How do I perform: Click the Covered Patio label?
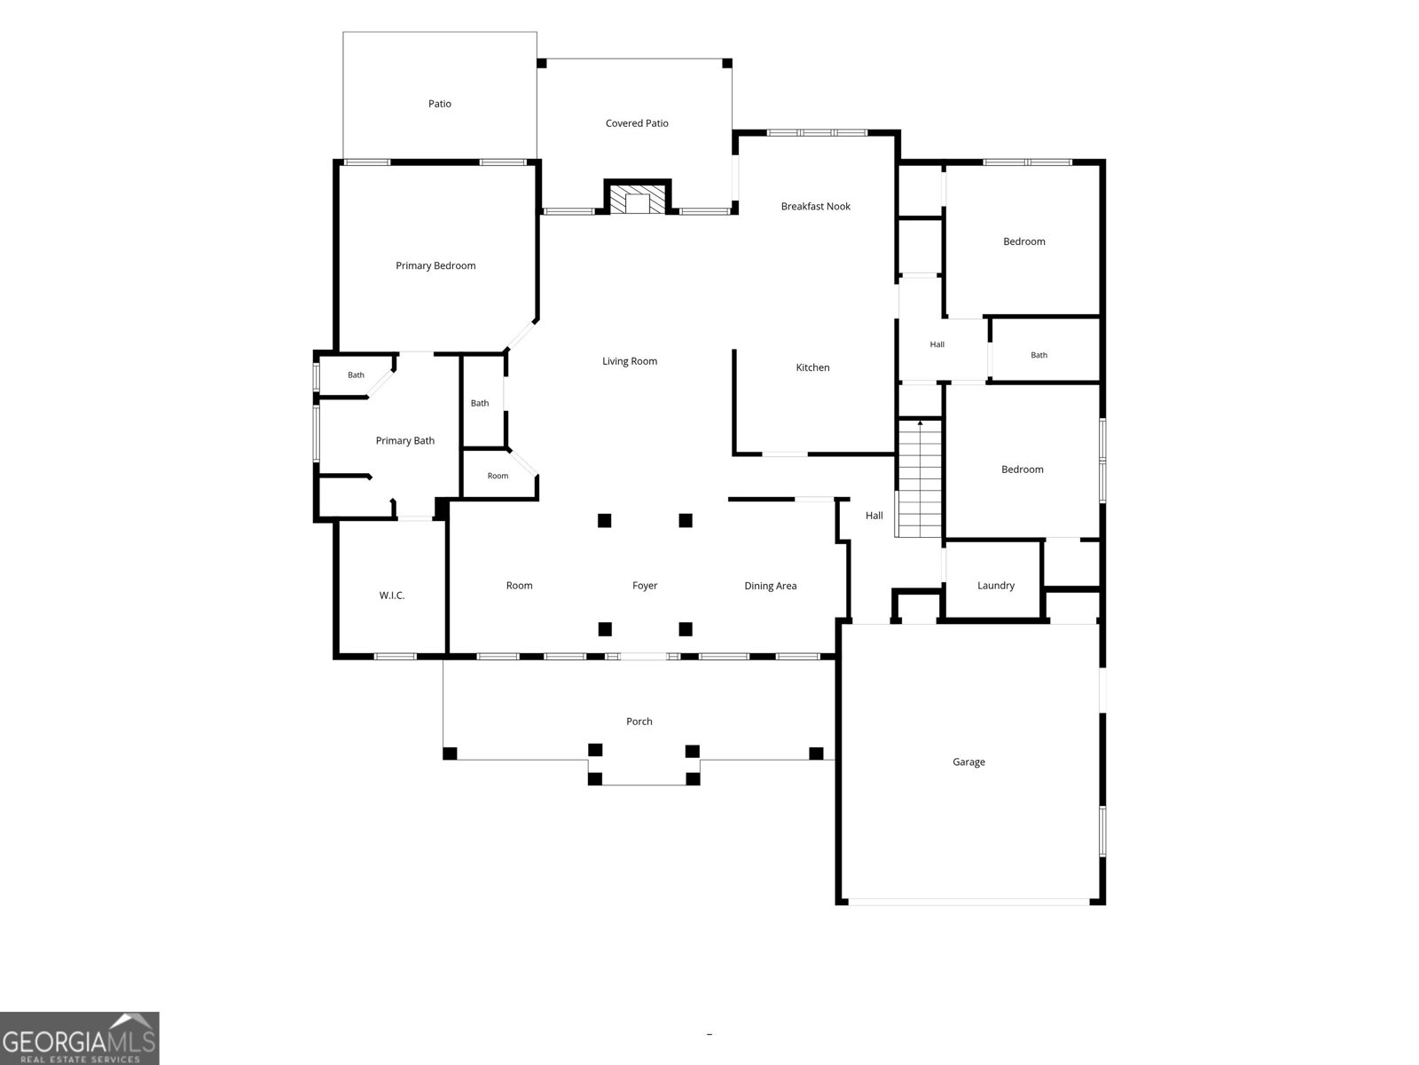click(x=637, y=123)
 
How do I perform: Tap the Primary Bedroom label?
click(x=435, y=265)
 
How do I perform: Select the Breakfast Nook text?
click(x=815, y=206)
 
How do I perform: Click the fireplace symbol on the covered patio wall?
click(x=638, y=196)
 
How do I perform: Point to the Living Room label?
click(x=630, y=361)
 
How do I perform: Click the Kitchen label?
click(x=812, y=367)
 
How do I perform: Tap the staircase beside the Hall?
click(x=920, y=477)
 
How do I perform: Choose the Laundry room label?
click(x=996, y=586)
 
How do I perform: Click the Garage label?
click(x=968, y=762)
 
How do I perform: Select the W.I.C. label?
click(x=392, y=596)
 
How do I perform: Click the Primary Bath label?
click(x=405, y=441)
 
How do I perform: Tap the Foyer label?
click(x=645, y=586)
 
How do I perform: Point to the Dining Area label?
click(x=770, y=586)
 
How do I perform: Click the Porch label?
click(x=639, y=722)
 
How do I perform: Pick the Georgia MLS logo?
click(x=80, y=1038)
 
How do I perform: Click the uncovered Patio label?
click(x=440, y=104)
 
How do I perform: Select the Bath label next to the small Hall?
click(x=1039, y=355)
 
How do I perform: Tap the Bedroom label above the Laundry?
click(x=1022, y=469)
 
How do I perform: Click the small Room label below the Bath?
click(x=498, y=476)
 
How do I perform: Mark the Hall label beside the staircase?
click(x=874, y=516)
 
